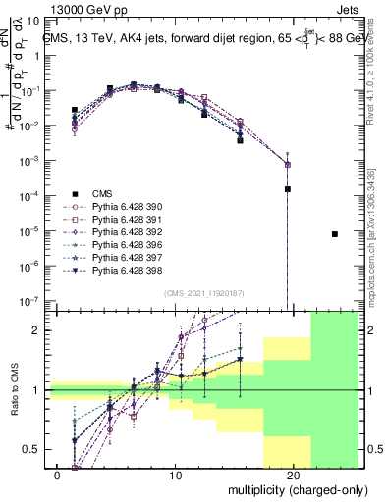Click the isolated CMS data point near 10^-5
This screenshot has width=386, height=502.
coord(335,234)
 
